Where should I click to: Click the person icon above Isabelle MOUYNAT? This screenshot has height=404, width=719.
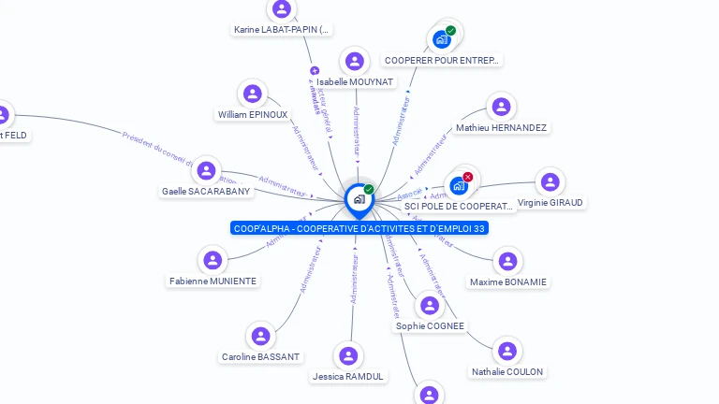click(354, 62)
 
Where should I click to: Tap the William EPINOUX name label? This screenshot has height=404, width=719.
click(253, 114)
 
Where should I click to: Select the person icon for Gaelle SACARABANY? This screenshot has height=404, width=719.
click(206, 171)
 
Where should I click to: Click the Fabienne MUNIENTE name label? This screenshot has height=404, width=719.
click(213, 281)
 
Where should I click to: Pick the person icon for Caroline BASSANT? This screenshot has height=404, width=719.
click(260, 336)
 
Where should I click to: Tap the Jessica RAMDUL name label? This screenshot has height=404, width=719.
click(348, 376)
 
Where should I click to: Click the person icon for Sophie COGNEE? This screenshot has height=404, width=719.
click(430, 306)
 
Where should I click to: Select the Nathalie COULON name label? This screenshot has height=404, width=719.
click(506, 371)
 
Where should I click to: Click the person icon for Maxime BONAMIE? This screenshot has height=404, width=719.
click(506, 262)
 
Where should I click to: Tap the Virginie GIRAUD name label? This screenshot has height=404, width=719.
click(550, 202)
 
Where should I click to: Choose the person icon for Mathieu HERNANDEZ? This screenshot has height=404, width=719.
click(501, 107)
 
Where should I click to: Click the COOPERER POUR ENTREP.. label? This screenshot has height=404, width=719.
click(442, 60)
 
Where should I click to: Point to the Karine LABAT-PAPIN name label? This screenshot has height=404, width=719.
click(281, 29)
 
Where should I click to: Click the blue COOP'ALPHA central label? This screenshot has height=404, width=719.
click(360, 228)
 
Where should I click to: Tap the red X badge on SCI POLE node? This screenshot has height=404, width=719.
click(468, 177)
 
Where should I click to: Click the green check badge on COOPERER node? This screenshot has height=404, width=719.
click(450, 31)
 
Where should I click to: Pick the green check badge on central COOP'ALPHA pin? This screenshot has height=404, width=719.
click(369, 190)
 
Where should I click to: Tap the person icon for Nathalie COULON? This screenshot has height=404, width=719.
click(506, 352)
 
